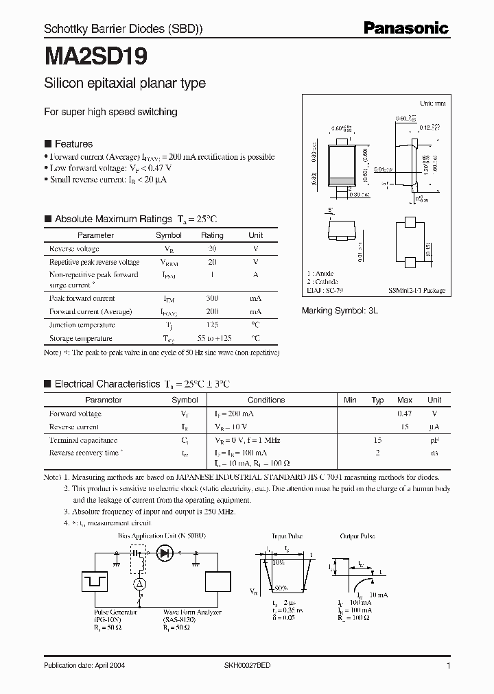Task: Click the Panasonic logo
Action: pyautogui.click(x=405, y=28)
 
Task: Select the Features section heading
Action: pyautogui.click(x=73, y=144)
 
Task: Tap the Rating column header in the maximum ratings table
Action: pyautogui.click(x=212, y=235)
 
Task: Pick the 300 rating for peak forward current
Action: pyautogui.click(x=212, y=298)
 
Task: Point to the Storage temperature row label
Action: pyautogui.click(x=80, y=338)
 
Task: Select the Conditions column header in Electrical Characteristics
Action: pyautogui.click(x=266, y=400)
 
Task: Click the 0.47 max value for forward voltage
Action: pyautogui.click(x=405, y=414)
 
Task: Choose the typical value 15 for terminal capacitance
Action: pyautogui.click(x=377, y=440)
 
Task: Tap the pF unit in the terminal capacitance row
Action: pyautogui.click(x=434, y=440)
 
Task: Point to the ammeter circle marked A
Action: pyautogui.click(x=137, y=583)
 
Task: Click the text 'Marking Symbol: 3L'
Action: pyautogui.click(x=340, y=311)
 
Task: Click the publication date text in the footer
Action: pyautogui.click(x=84, y=666)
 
